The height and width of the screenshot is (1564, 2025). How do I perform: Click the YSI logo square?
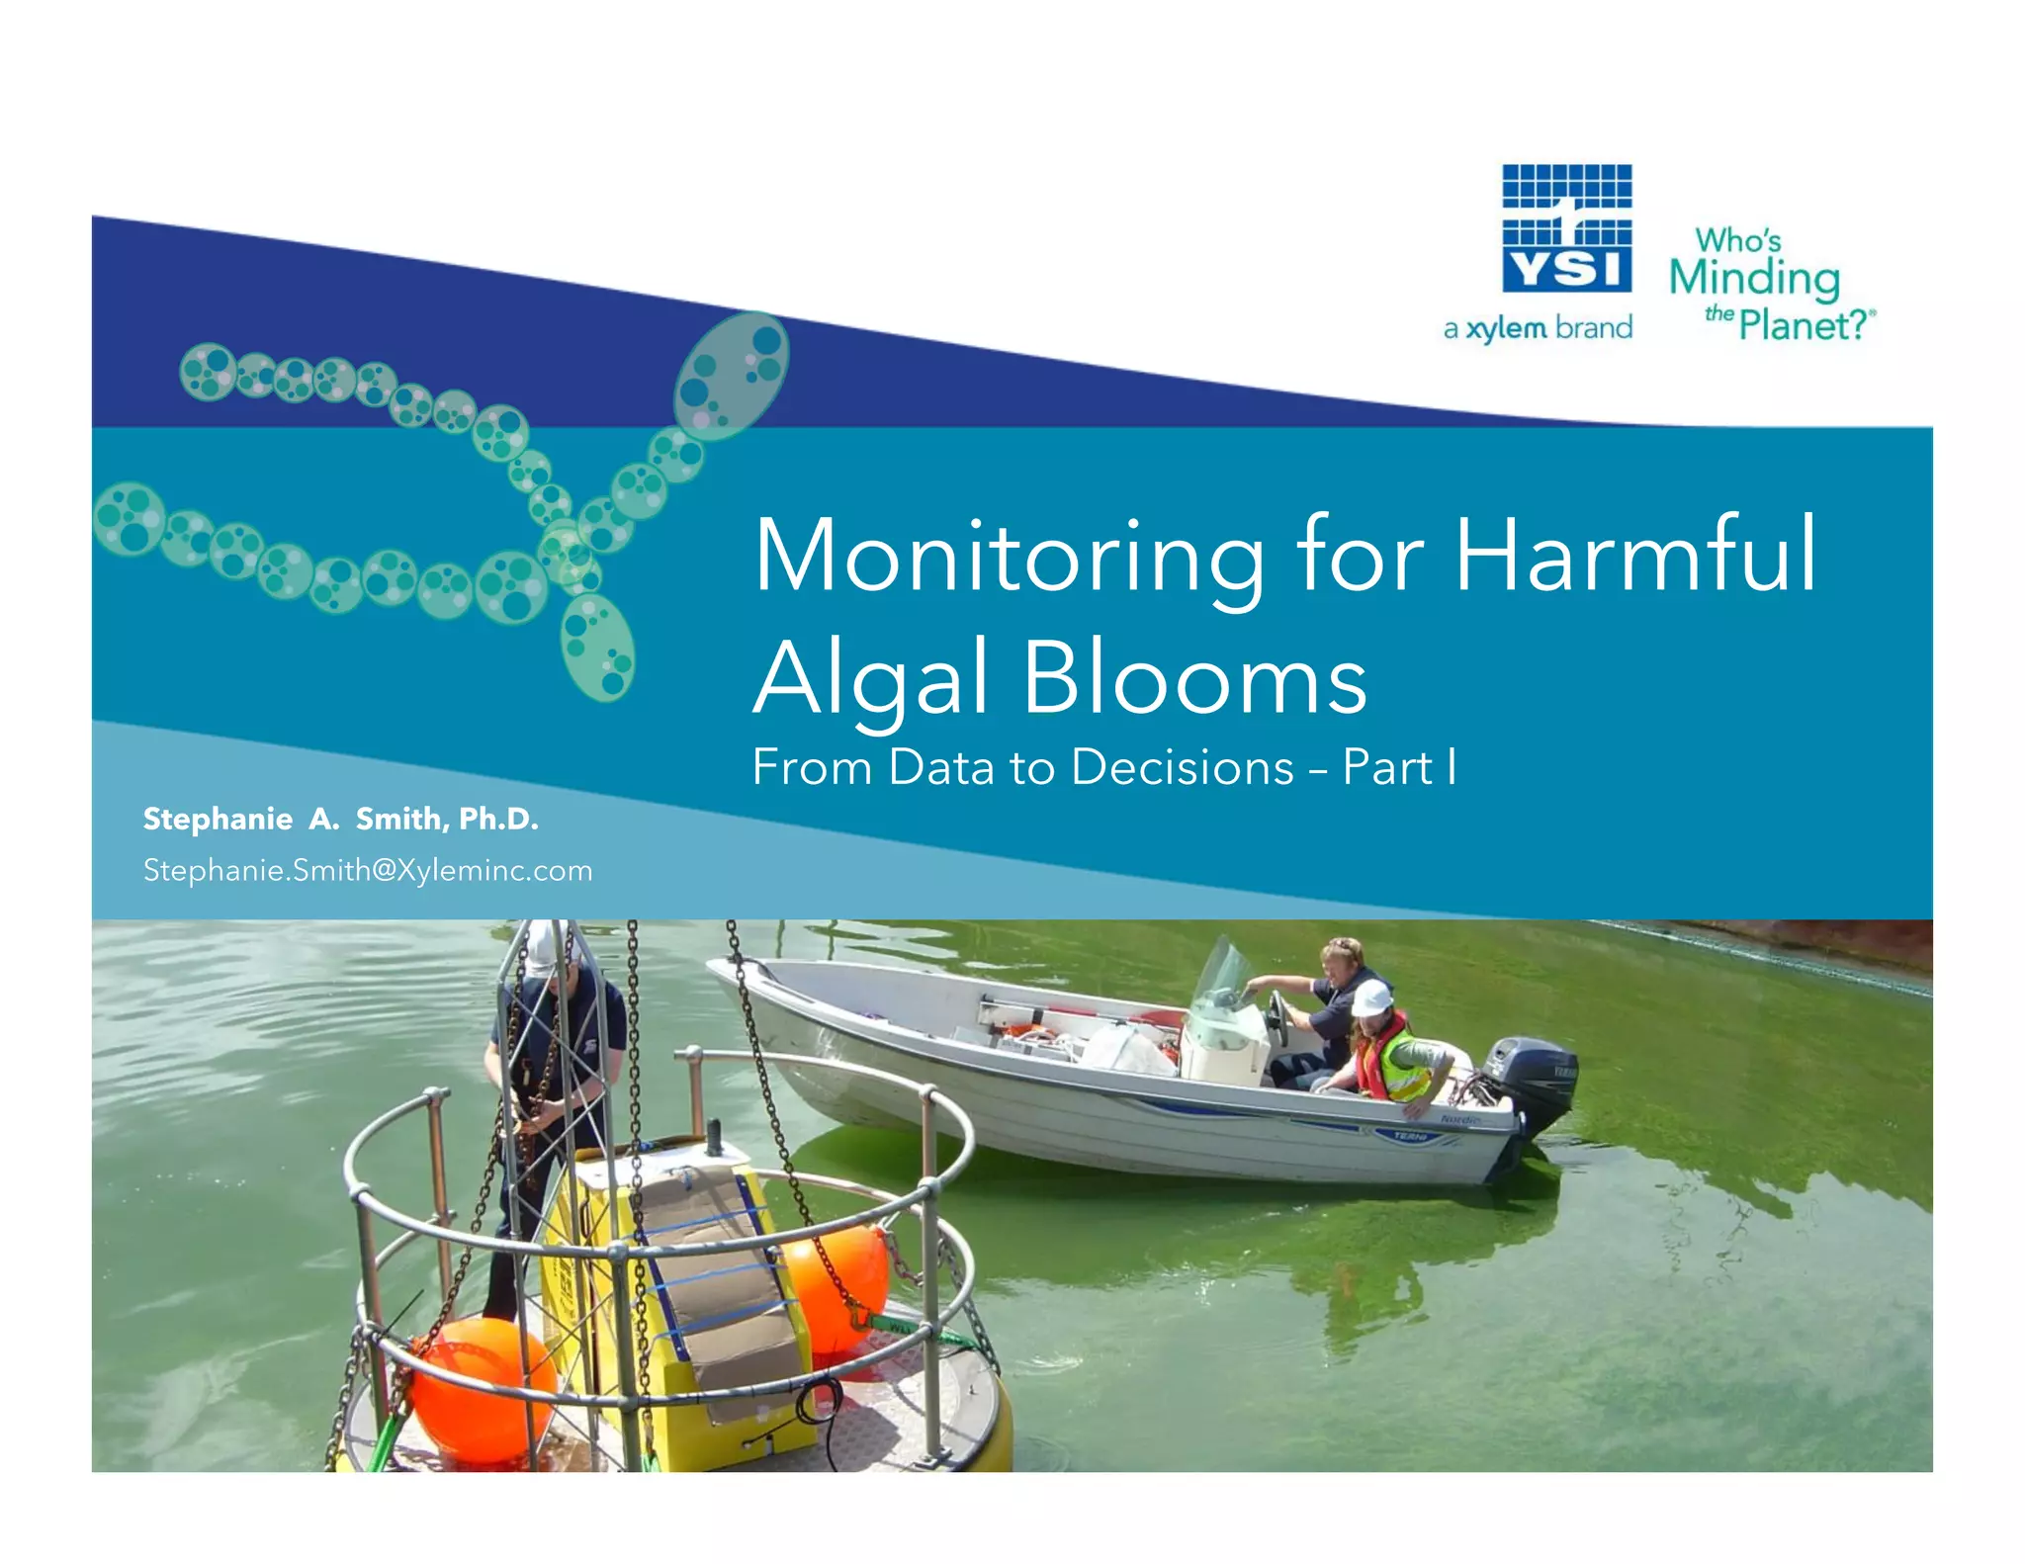1566,229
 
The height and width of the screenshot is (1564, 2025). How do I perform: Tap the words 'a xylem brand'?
1538,328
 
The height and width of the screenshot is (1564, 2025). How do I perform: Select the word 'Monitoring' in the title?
1009,556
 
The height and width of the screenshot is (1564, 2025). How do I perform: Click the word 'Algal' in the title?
871,679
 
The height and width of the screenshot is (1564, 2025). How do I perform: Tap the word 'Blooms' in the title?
1195,679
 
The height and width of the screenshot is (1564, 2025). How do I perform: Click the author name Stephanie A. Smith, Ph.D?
341,819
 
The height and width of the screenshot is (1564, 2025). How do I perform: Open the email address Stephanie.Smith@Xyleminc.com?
368,870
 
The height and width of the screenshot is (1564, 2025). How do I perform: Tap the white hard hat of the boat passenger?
1371,998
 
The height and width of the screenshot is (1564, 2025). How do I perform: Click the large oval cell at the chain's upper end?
732,375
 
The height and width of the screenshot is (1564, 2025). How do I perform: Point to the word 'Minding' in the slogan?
1754,279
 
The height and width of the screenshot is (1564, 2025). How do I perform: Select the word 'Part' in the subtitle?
1387,767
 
